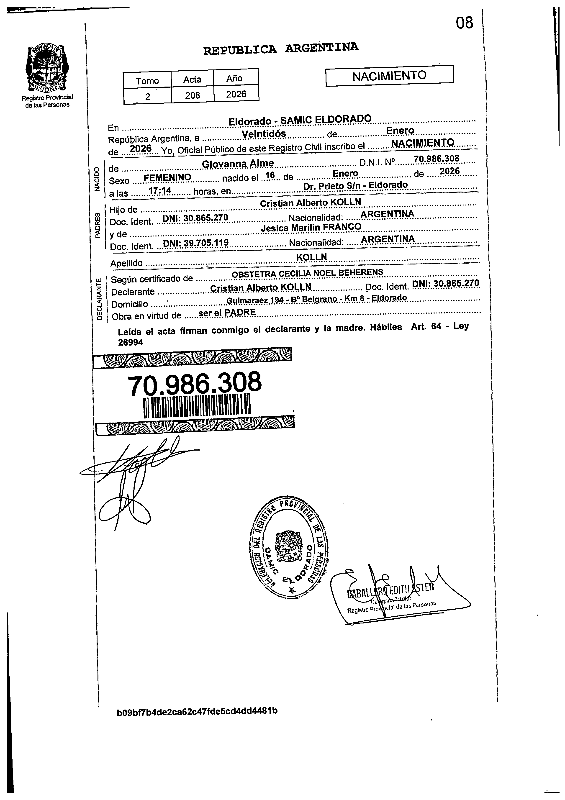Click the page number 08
point(464,23)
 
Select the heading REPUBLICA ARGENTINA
point(281,49)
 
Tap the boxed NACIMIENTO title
point(389,76)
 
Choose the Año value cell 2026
point(236,94)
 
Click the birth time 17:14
point(160,190)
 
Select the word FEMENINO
point(167,177)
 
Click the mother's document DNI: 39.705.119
point(195,243)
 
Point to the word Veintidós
point(264,134)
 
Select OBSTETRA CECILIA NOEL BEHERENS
point(307,273)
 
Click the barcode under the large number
point(197,405)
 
